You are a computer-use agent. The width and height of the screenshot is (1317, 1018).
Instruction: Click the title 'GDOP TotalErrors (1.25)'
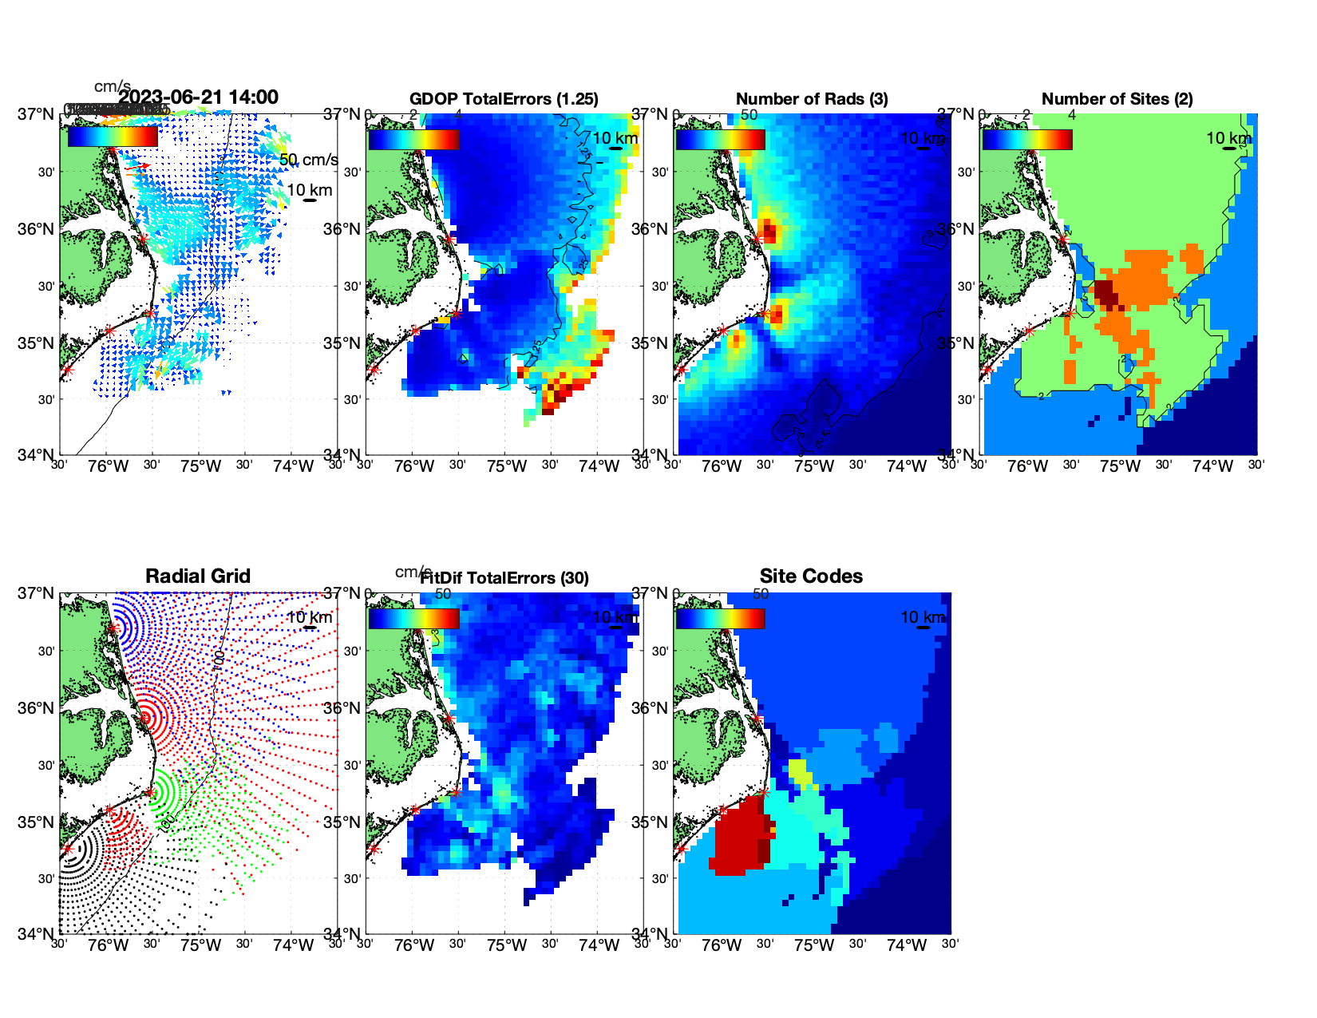(504, 99)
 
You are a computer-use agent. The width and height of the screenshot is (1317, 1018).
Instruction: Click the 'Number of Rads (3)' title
(811, 99)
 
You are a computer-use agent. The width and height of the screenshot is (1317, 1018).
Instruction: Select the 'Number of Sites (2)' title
(1117, 99)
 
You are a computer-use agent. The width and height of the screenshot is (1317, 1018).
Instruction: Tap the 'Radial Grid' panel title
(198, 576)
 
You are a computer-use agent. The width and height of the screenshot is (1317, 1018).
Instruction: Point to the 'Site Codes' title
(811, 576)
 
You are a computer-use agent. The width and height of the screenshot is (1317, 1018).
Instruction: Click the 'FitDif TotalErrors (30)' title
(504, 578)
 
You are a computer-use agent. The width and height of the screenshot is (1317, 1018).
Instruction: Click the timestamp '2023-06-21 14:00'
(198, 97)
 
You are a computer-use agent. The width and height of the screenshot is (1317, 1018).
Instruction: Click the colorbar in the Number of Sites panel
(1027, 139)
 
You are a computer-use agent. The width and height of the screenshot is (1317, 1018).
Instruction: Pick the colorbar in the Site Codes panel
(720, 618)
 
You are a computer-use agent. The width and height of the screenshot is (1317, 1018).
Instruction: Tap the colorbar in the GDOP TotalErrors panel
(413, 139)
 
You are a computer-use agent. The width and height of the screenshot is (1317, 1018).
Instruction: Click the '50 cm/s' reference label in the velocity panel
(308, 160)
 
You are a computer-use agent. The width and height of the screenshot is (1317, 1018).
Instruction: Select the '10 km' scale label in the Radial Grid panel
(309, 617)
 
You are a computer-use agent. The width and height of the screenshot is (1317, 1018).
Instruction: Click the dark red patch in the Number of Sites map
(1107, 293)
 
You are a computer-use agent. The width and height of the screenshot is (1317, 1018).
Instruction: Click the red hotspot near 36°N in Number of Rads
(769, 232)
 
